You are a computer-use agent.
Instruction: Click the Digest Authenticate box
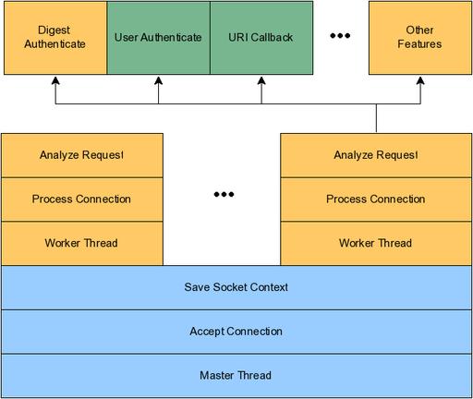coord(55,38)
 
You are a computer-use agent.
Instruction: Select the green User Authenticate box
coord(158,38)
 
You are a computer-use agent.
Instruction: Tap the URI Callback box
coord(261,38)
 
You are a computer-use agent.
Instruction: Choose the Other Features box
coord(420,38)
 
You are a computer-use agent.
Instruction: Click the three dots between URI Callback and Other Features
coord(340,36)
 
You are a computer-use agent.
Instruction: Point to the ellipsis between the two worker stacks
coord(224,194)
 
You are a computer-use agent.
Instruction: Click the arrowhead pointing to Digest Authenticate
coord(55,80)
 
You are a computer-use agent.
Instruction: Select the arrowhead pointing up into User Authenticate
coord(158,80)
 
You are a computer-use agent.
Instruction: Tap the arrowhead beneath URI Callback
coord(261,80)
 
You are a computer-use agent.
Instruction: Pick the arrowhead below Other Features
coord(420,80)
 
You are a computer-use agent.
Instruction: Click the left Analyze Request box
coord(82,155)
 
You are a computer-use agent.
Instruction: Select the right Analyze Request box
coord(376,155)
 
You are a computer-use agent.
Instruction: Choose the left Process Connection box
coord(82,199)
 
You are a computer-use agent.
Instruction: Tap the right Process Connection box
coord(376,199)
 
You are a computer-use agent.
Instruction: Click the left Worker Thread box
coord(82,243)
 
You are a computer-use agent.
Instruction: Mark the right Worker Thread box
coord(376,243)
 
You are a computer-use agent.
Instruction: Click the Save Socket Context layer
coord(236,287)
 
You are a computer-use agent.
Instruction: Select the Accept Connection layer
coord(236,332)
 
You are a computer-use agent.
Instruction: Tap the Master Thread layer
coord(236,376)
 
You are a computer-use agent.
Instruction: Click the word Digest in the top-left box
coord(54,30)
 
